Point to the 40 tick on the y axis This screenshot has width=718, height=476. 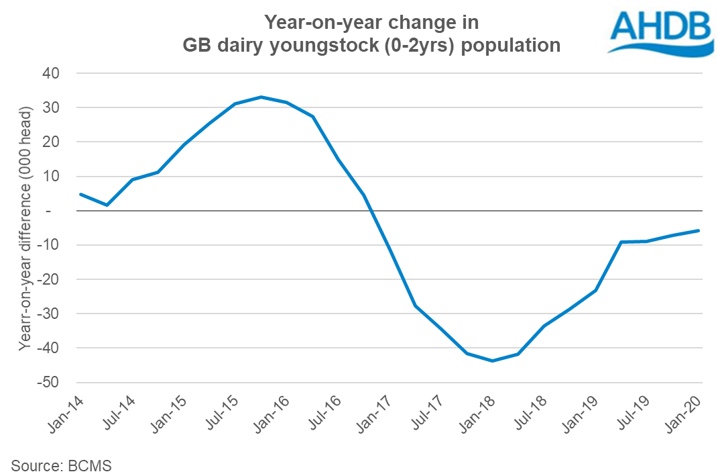click(51, 73)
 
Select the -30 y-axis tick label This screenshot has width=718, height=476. click(48, 314)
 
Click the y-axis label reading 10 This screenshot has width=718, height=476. click(51, 177)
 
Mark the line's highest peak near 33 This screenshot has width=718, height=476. click(261, 97)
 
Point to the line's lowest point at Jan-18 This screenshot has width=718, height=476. click(493, 361)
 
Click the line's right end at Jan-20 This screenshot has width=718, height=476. click(699, 230)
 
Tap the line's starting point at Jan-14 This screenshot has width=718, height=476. click(80, 194)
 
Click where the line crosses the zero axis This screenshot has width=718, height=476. click(371, 211)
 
